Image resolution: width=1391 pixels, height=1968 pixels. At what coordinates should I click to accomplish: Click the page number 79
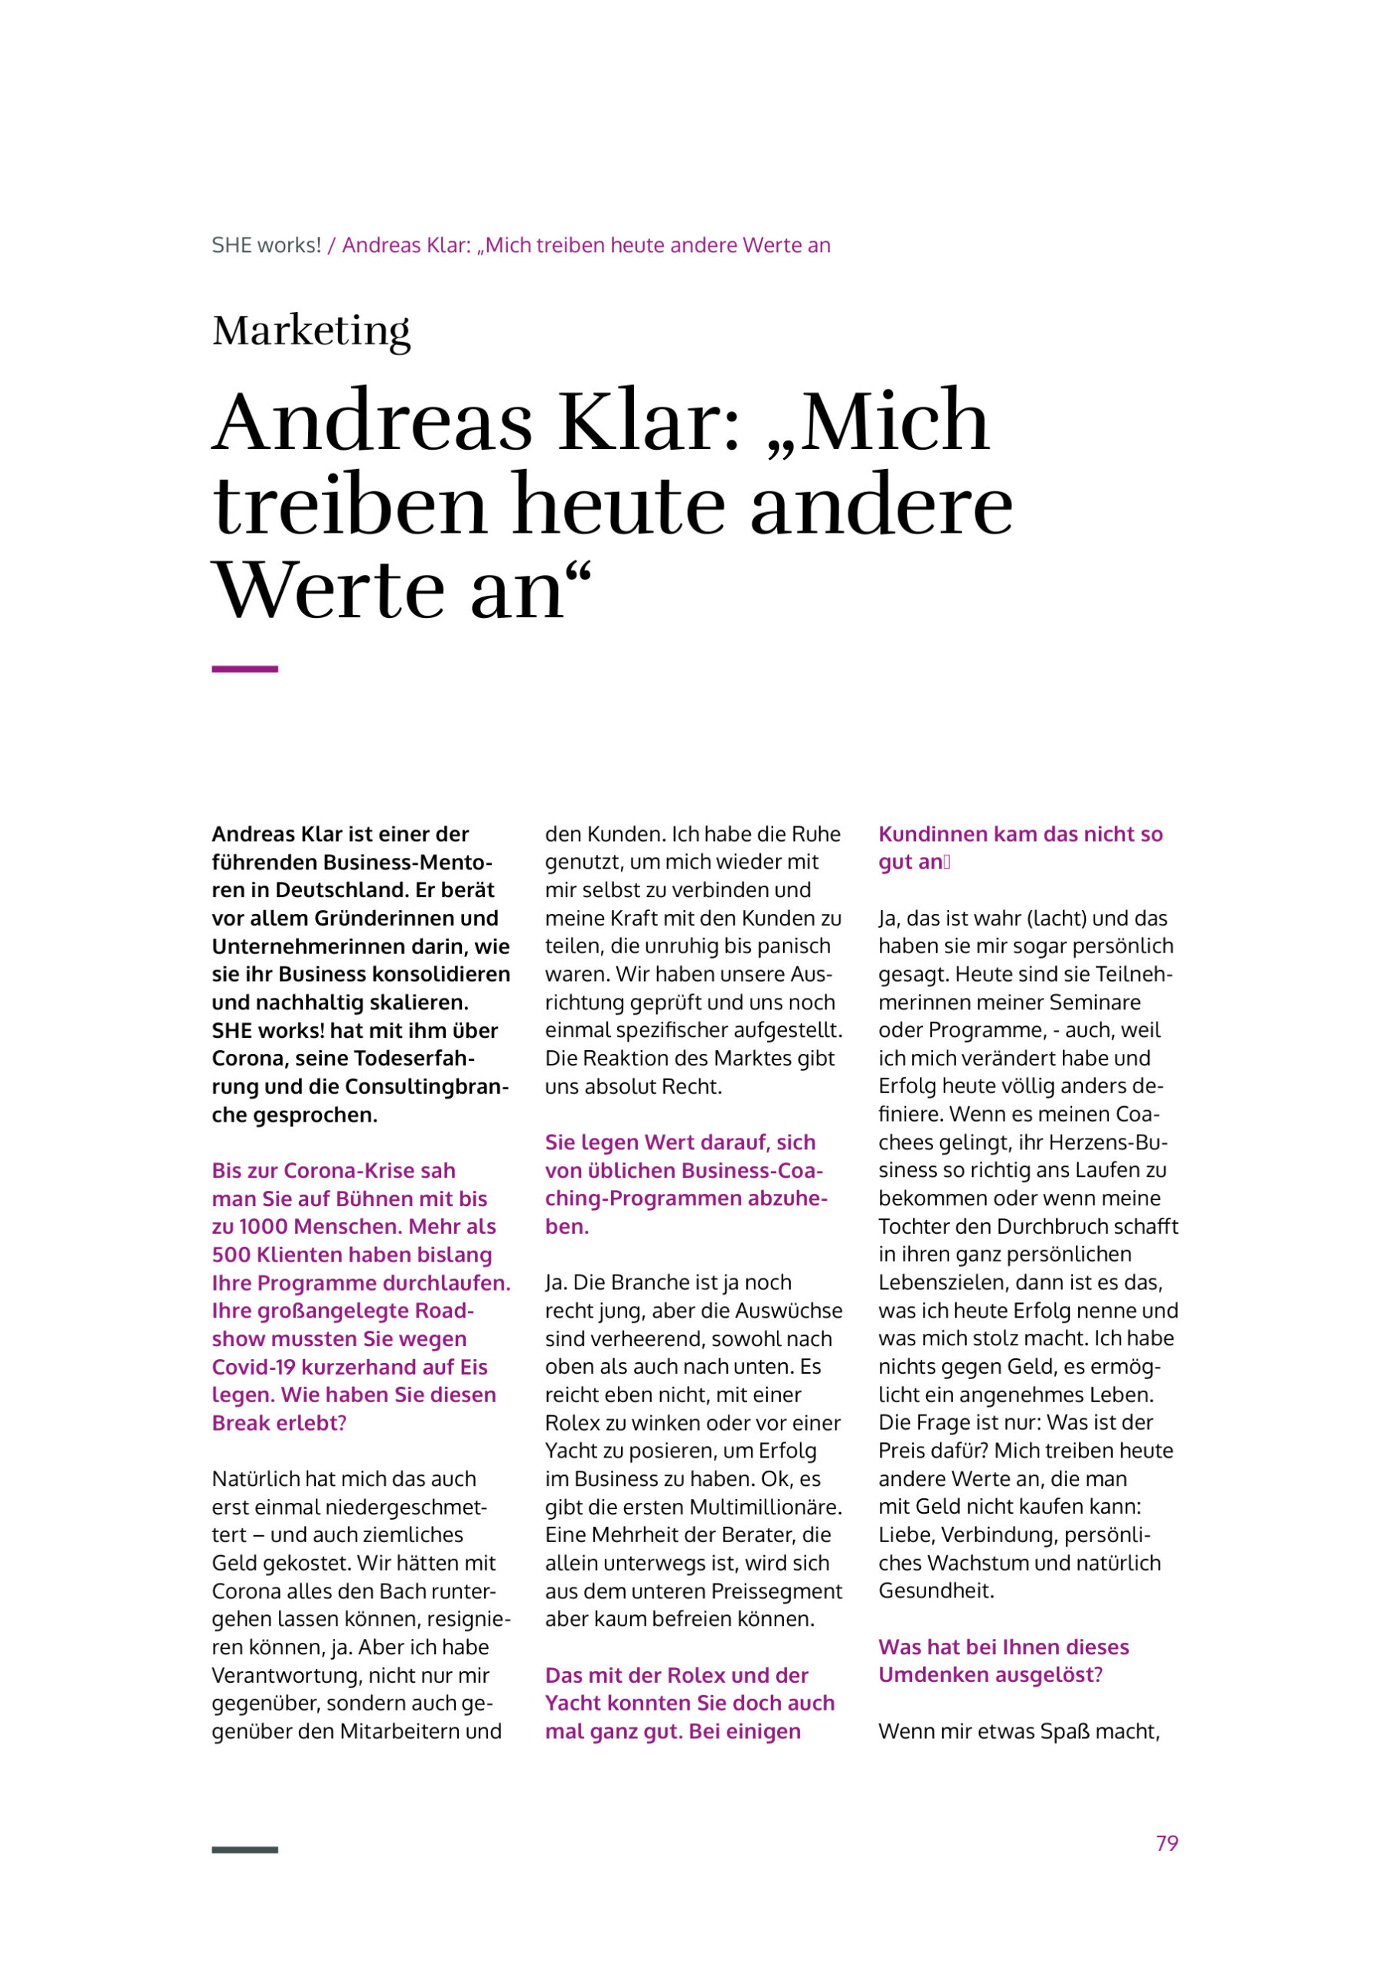pos(1167,1843)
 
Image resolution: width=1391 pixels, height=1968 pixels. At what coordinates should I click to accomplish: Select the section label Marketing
pos(311,331)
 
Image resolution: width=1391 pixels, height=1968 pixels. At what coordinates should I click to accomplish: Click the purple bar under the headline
pos(244,669)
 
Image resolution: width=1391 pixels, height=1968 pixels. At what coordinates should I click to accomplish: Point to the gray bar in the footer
pos(244,1850)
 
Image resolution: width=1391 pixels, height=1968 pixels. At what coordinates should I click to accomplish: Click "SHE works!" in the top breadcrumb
pos(266,245)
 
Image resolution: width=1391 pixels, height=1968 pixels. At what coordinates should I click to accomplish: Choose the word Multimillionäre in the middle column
pos(765,1507)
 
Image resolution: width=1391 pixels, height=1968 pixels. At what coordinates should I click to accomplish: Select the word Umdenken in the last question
pos(929,1675)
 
